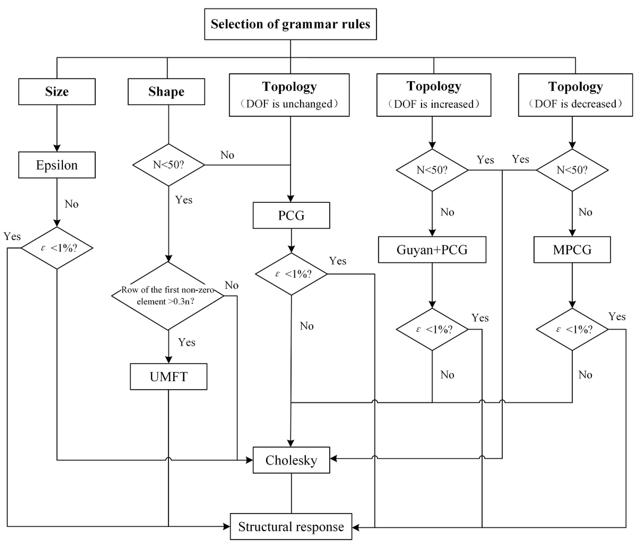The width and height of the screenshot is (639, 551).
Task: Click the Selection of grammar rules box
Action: (290, 24)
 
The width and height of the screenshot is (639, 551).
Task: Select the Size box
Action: (57, 92)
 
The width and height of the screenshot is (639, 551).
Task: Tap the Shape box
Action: (166, 92)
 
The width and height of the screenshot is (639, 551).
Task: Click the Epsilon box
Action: (57, 165)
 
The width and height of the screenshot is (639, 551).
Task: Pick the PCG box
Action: (291, 215)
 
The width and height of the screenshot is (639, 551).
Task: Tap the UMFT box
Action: (168, 377)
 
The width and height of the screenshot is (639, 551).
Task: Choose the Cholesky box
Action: (291, 460)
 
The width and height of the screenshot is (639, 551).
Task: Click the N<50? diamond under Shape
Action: (168, 165)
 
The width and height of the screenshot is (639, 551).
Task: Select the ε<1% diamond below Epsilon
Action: (57, 248)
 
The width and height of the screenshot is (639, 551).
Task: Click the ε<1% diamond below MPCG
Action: (572, 329)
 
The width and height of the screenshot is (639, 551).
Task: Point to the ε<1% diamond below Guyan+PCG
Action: (432, 329)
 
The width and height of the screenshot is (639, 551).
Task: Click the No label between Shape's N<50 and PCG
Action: (227, 155)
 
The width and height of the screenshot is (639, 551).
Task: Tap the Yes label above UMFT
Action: (187, 342)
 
